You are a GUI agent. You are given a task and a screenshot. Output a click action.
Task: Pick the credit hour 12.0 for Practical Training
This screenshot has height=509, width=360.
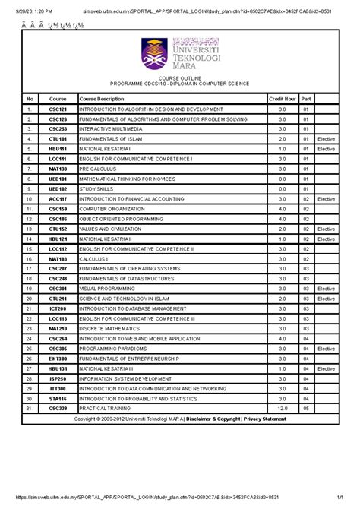coord(282,408)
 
